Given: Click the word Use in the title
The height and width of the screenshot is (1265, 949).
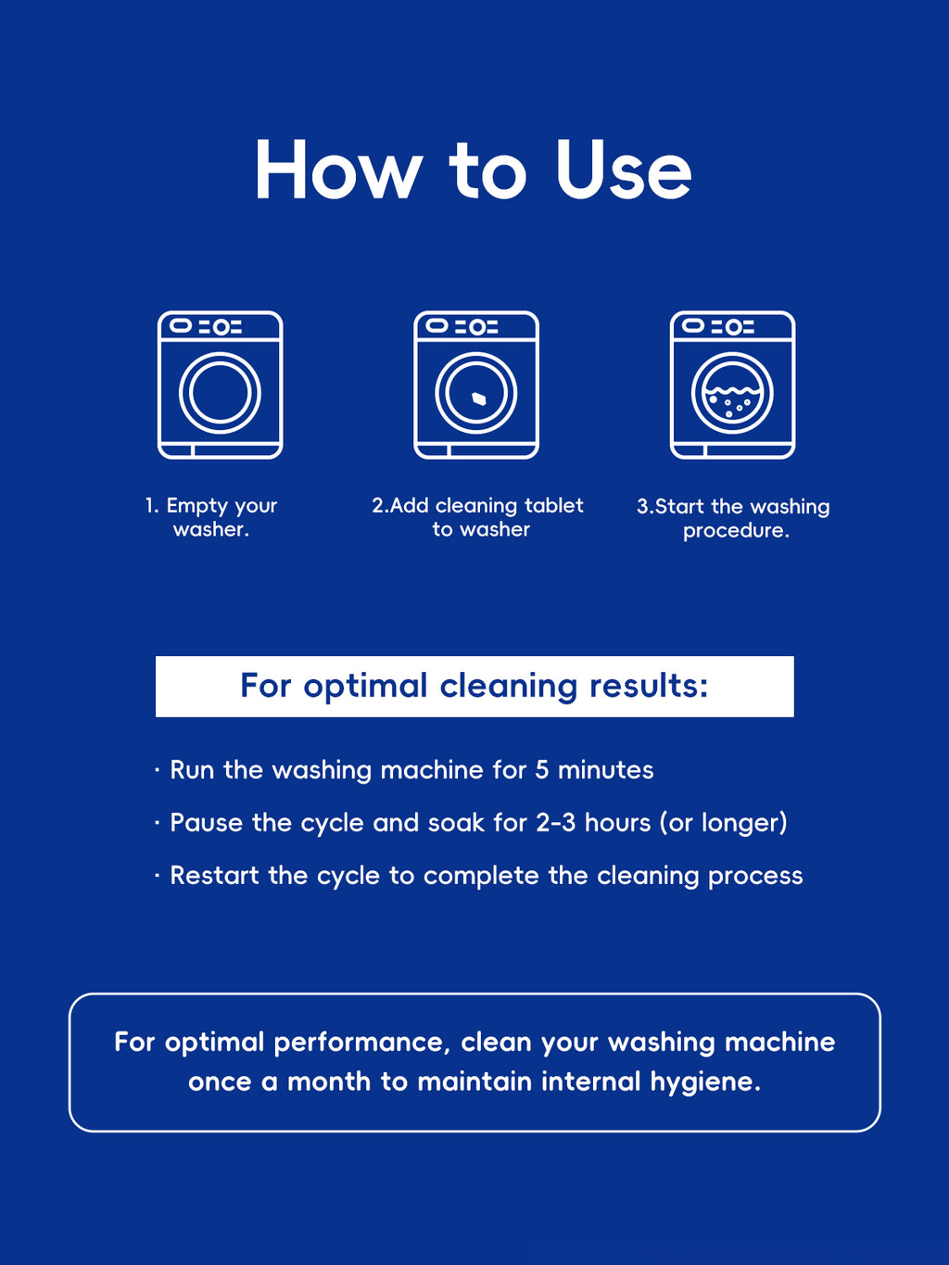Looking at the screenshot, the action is [x=624, y=170].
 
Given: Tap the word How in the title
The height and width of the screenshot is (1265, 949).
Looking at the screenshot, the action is [x=338, y=170].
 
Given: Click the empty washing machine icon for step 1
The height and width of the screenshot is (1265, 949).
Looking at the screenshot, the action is [x=221, y=385].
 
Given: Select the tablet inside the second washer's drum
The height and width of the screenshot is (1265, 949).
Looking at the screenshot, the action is [x=478, y=398].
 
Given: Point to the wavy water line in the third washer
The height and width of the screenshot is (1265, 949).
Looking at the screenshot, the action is [x=733, y=391].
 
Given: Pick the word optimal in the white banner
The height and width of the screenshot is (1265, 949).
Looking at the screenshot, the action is [x=365, y=687].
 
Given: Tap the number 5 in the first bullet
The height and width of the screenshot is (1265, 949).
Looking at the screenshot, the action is [x=541, y=770].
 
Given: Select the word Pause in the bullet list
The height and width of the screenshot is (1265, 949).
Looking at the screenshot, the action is [x=207, y=823].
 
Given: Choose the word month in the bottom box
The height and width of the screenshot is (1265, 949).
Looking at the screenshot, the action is [x=330, y=1082].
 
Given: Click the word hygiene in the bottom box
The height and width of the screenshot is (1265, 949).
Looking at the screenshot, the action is [x=705, y=1082].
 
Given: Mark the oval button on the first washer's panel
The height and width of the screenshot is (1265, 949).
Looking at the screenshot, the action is [x=181, y=326].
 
